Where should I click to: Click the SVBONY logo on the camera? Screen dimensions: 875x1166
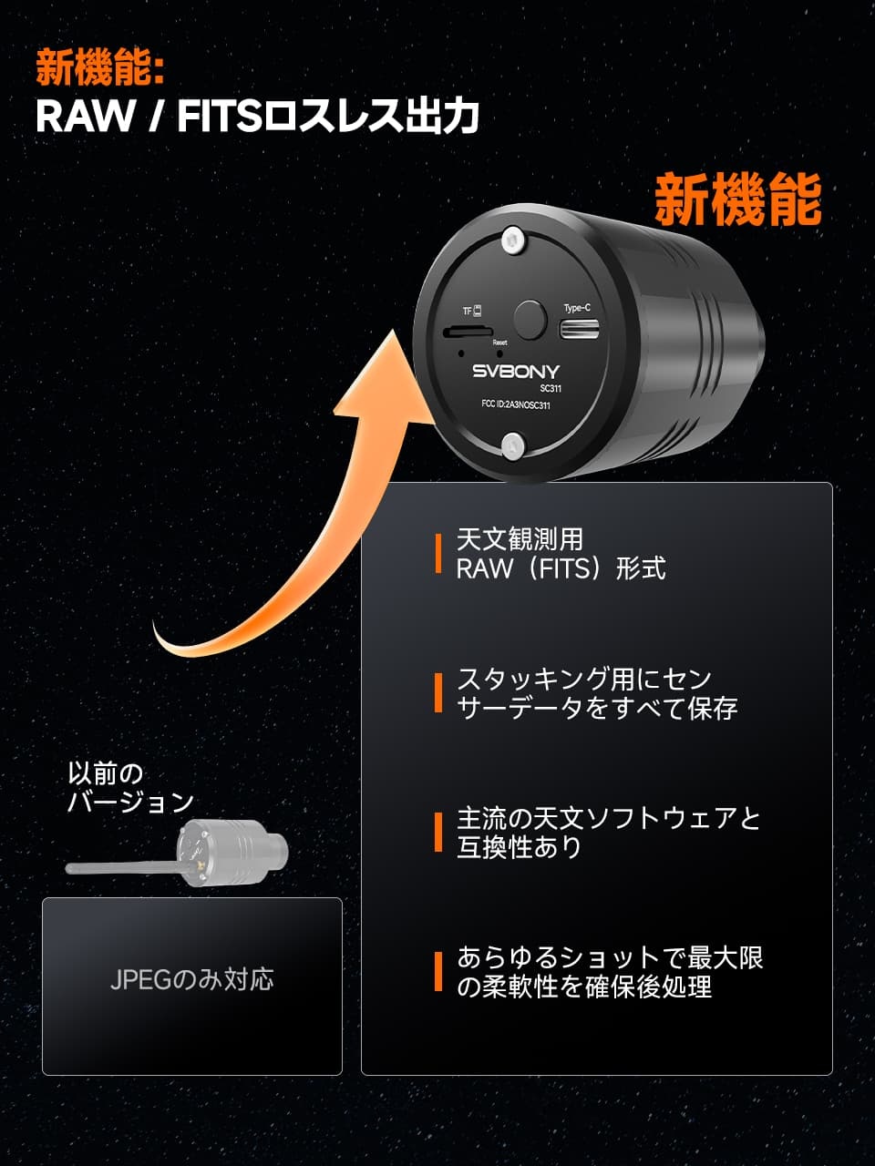(x=516, y=371)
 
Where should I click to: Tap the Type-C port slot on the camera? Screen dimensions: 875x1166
(x=580, y=330)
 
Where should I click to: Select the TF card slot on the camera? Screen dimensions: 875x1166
(x=468, y=332)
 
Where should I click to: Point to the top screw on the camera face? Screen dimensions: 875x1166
(x=514, y=240)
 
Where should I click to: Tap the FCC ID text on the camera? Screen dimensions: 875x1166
(x=515, y=404)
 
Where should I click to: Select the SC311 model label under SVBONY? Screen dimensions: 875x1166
(x=551, y=388)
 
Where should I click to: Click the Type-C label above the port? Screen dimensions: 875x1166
(x=577, y=308)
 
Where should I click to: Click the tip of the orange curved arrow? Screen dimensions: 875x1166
(x=393, y=330)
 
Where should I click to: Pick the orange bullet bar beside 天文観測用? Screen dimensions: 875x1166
(x=438, y=554)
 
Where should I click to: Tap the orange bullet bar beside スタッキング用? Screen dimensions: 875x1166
(x=438, y=692)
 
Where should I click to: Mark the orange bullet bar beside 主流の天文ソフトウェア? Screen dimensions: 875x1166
(x=438, y=832)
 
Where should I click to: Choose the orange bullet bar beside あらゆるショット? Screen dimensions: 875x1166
(x=438, y=972)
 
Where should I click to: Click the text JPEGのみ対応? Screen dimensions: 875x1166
(x=191, y=979)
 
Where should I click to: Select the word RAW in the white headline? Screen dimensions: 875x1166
(x=85, y=116)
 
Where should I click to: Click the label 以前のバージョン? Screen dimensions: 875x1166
(x=130, y=787)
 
